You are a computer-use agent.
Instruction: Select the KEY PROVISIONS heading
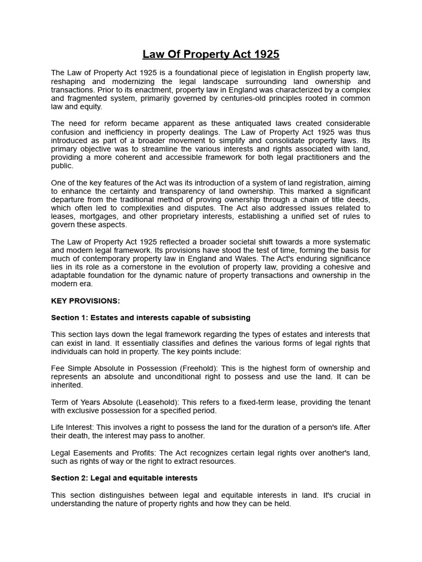(x=85, y=301)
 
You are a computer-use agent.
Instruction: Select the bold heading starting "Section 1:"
(x=151, y=318)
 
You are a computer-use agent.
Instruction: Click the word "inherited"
(x=67, y=385)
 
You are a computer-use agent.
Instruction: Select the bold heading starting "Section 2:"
(x=124, y=478)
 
